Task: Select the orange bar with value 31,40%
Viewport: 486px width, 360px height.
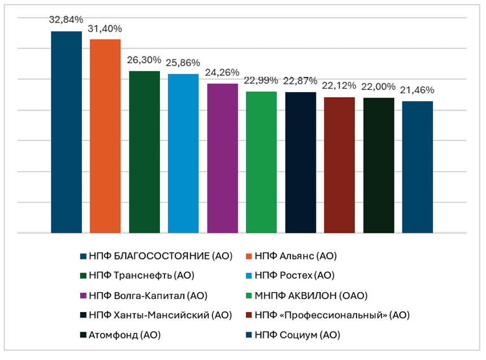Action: [x=105, y=136]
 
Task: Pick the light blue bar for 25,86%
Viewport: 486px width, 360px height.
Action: [x=183, y=153]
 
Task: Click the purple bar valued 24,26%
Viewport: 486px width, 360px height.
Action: [x=222, y=158]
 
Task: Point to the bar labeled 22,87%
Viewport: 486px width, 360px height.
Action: [x=300, y=162]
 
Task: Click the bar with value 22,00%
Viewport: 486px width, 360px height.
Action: [x=379, y=165]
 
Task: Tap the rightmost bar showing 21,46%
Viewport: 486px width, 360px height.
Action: [x=418, y=167]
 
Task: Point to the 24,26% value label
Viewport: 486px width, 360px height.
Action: [x=222, y=72]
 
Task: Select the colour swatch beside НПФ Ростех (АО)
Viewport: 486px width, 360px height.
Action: [x=251, y=276]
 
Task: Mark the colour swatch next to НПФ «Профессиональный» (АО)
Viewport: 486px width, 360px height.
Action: [x=251, y=315]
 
